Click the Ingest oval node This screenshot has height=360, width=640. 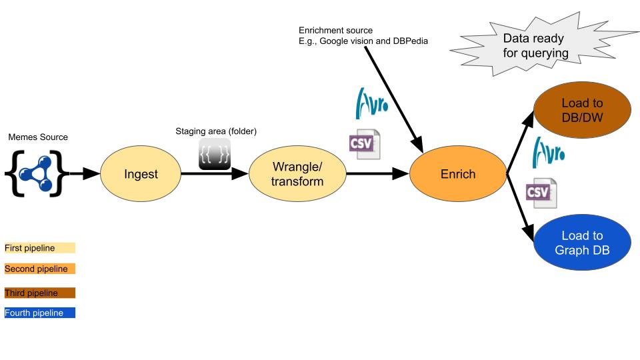point(141,174)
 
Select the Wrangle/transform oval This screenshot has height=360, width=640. point(297,174)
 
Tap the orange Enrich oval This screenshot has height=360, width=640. point(458,174)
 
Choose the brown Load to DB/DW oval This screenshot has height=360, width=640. point(582,111)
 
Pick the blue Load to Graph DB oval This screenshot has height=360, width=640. point(582,243)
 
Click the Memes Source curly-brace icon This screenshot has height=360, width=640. point(37,173)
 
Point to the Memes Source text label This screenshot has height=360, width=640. point(38,137)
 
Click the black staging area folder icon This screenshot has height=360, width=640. point(215,155)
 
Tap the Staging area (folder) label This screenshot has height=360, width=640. point(215,131)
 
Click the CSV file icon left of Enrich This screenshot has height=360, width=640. point(365,144)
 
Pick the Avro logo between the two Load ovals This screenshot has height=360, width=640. point(548,153)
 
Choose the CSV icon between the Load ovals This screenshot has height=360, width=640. point(541,193)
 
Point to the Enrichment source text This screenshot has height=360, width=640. point(363,36)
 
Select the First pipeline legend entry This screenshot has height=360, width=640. point(39,248)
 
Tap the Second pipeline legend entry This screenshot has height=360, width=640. point(39,269)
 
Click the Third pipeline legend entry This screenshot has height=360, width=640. point(39,293)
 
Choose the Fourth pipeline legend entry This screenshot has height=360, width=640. point(39,313)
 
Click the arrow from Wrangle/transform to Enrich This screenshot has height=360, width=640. point(377,174)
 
